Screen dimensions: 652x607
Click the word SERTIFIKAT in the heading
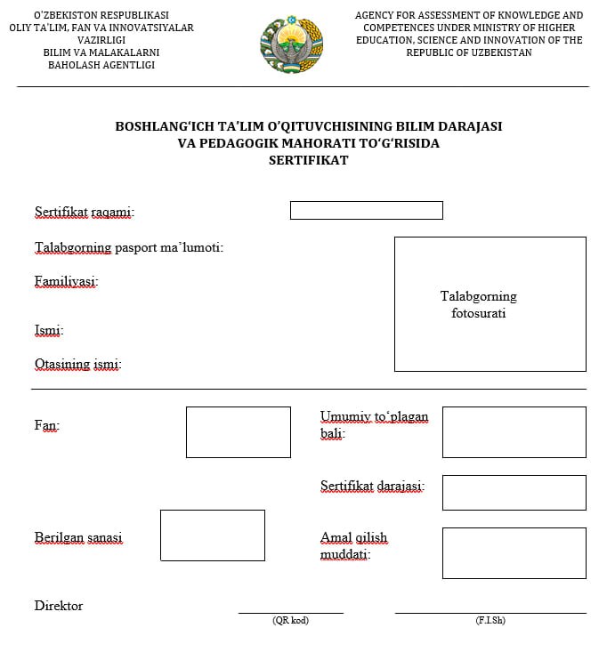(x=308, y=160)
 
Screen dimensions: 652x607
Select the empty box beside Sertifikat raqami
(x=366, y=211)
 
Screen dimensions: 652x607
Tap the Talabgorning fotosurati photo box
(x=490, y=304)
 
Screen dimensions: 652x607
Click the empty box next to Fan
(x=238, y=432)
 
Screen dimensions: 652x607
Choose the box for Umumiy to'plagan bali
(x=514, y=432)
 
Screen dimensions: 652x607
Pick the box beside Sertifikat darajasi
(x=514, y=493)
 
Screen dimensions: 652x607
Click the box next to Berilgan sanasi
(x=212, y=535)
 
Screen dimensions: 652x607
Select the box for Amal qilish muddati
(x=514, y=553)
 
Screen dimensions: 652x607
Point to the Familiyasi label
(x=67, y=281)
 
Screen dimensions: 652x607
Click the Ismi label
(x=49, y=331)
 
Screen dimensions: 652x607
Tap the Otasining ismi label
(x=78, y=364)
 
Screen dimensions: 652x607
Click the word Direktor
(x=59, y=606)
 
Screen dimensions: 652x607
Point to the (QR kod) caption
(x=290, y=621)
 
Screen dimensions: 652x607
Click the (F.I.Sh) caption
(x=490, y=621)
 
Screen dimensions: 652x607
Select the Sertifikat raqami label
(x=85, y=212)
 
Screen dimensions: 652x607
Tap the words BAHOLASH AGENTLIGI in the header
(x=101, y=65)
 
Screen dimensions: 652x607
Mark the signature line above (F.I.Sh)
(x=490, y=613)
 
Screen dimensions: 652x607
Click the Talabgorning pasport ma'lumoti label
(x=129, y=247)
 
